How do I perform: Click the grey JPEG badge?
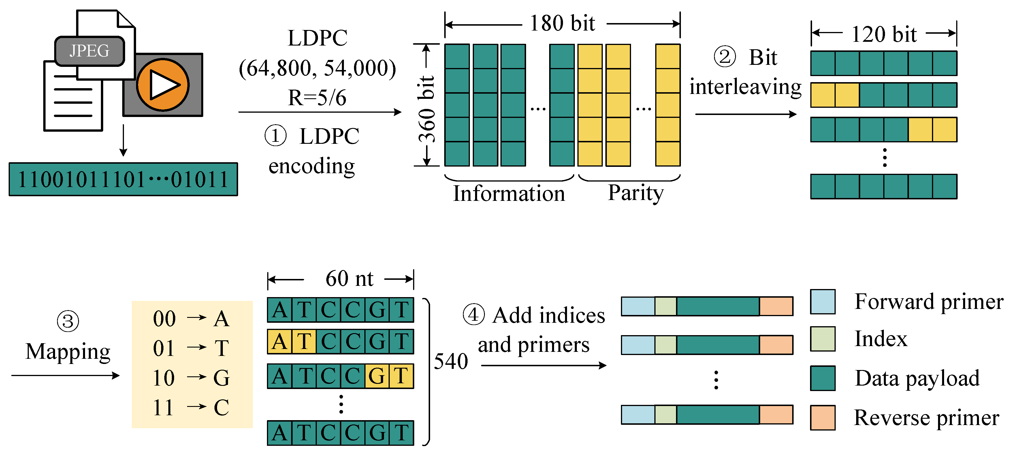tap(89, 51)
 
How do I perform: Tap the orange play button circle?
tap(163, 84)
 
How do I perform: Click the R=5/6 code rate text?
tap(317, 97)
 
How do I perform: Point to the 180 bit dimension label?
tap(562, 23)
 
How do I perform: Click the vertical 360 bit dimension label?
tap(427, 109)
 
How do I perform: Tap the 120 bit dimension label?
tap(884, 34)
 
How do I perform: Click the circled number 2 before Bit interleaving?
tap(725, 57)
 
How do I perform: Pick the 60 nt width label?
tap(349, 279)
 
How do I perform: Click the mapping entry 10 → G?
tap(191, 378)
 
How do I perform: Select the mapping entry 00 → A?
tap(191, 318)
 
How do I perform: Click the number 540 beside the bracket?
tap(451, 361)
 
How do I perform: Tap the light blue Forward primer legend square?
tap(823, 302)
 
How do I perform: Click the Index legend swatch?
tap(823, 339)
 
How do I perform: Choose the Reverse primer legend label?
tap(926, 418)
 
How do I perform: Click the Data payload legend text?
tap(917, 378)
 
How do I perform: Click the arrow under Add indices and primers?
tap(543, 366)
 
